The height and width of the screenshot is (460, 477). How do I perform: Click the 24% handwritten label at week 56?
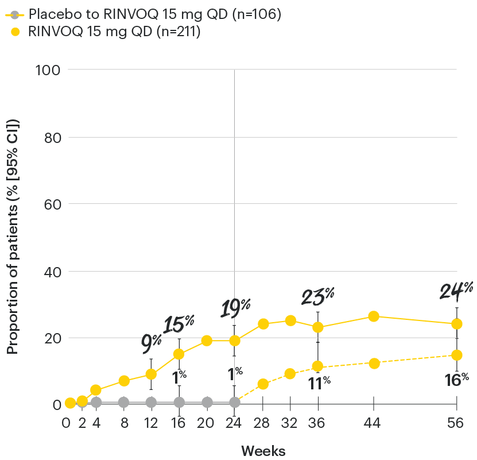pos(457,291)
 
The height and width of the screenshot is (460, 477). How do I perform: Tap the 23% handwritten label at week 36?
pos(318,296)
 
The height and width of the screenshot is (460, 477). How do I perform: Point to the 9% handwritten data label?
pos(152,343)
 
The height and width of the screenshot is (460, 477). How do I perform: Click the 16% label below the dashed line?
pos(457,378)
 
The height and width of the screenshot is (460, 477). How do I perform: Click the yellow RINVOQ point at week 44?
pos(374,316)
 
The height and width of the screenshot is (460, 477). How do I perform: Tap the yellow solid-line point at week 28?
pos(263,324)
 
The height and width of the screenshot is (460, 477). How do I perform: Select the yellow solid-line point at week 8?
pos(123,381)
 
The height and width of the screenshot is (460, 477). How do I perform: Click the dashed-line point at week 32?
pos(290,374)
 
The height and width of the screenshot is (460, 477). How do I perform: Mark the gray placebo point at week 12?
pos(152,402)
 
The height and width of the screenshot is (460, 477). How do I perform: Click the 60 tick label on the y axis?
pos(52,204)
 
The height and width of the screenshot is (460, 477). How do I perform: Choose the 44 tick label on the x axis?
pos(374,424)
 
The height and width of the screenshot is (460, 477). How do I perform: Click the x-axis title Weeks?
pos(263,450)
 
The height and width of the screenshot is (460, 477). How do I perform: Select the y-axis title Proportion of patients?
pos(13,235)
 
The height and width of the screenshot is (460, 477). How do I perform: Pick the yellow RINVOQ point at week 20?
pos(207,341)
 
